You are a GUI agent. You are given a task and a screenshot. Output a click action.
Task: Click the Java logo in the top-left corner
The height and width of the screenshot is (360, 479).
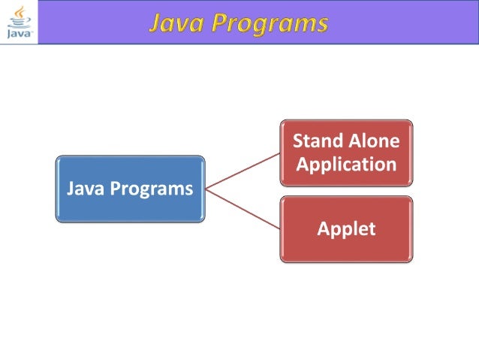(18, 22)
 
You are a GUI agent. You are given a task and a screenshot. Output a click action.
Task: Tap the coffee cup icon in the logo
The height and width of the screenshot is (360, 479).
(19, 16)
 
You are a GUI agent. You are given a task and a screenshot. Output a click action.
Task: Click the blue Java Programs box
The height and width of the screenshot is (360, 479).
(130, 189)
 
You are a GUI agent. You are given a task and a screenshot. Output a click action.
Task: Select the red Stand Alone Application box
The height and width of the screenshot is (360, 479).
(346, 153)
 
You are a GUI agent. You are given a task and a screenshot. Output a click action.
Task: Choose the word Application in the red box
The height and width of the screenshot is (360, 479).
(346, 164)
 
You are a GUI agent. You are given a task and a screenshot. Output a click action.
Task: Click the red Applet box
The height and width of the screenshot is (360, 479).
(346, 229)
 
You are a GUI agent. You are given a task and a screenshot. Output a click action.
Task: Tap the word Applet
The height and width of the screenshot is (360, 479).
(346, 229)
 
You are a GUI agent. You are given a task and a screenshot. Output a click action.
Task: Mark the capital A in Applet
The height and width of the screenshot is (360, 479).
(324, 228)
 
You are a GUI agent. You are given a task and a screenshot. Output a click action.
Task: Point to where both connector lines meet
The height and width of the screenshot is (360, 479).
(206, 189)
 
